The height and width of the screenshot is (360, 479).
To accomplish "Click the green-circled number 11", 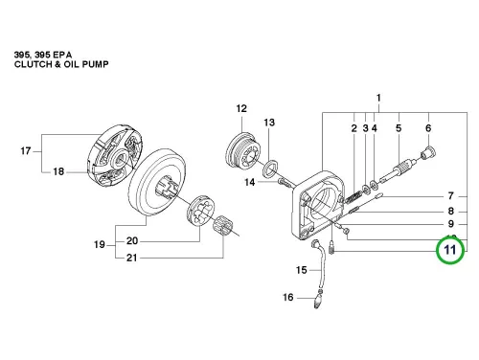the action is [x=450, y=249].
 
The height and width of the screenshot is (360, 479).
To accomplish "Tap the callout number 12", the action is [x=241, y=108].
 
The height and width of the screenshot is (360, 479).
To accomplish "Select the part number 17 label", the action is [x=26, y=150].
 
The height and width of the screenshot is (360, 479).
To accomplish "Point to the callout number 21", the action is [x=131, y=258].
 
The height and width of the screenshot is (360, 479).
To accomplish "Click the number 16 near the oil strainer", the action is [x=287, y=297].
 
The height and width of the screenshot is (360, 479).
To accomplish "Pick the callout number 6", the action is [x=428, y=128].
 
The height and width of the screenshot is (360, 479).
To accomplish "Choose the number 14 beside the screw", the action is [x=250, y=182].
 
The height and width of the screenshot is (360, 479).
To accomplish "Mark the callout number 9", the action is [x=450, y=224].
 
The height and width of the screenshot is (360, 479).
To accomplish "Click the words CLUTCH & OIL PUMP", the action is [x=61, y=64].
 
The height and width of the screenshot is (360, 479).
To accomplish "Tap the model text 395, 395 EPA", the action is [x=43, y=55].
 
